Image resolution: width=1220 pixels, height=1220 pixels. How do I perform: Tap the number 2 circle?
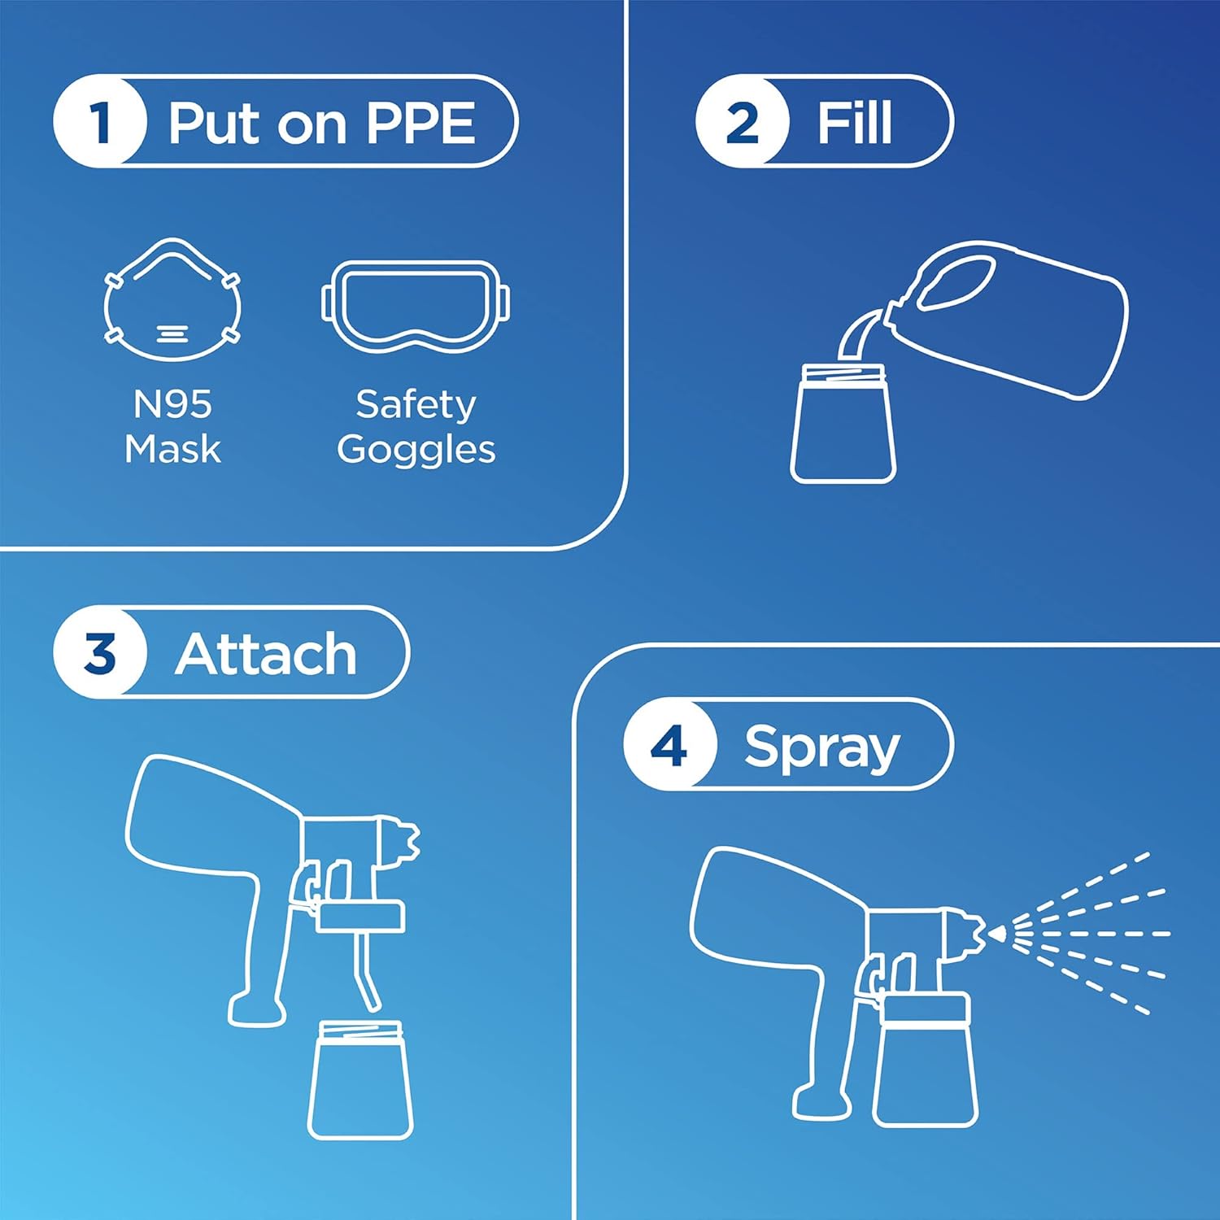coord(742,122)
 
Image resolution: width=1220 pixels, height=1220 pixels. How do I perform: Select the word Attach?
coord(266,654)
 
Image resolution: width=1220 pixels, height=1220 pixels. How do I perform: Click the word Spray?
coord(821,747)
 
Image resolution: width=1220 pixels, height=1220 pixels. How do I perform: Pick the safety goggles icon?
coord(416,306)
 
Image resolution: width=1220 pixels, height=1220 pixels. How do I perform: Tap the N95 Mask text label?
coord(172,426)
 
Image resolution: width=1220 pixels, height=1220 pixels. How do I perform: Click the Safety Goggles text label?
coord(416,426)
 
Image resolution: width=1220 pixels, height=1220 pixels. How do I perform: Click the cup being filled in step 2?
coord(843,427)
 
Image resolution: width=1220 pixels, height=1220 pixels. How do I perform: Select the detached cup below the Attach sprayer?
coord(360,1082)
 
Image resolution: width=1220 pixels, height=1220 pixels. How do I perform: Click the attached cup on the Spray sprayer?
coord(925,1061)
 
